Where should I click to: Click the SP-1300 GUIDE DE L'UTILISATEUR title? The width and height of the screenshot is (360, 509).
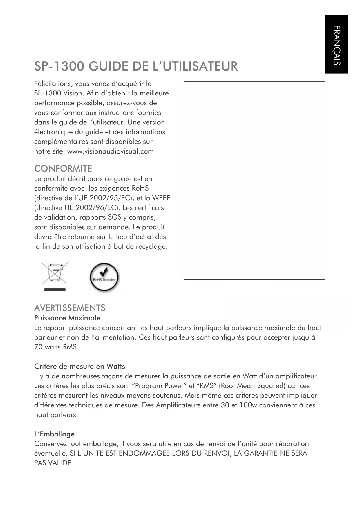click(x=136, y=66)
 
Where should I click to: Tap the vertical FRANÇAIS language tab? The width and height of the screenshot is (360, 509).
click(x=337, y=45)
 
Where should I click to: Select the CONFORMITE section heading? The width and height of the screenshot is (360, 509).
click(x=63, y=169)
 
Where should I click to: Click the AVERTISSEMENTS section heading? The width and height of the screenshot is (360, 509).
click(x=70, y=308)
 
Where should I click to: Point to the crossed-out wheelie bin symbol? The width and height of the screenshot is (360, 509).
click(x=55, y=273)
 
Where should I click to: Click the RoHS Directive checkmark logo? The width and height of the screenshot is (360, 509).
click(x=104, y=277)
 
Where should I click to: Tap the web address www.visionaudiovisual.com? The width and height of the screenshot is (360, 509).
click(x=111, y=151)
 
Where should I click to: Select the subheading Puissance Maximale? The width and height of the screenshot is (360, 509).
click(x=67, y=318)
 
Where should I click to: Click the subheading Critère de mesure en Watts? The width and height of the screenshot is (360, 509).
click(x=79, y=366)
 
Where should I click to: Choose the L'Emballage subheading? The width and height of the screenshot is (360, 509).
click(x=54, y=434)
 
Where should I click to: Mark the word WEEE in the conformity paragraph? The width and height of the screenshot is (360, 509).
click(x=161, y=198)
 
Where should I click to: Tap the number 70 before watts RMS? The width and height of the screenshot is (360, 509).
click(x=38, y=347)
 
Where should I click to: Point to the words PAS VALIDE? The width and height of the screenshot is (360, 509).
click(x=53, y=463)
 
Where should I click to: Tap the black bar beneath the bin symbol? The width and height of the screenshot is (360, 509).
click(x=55, y=290)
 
